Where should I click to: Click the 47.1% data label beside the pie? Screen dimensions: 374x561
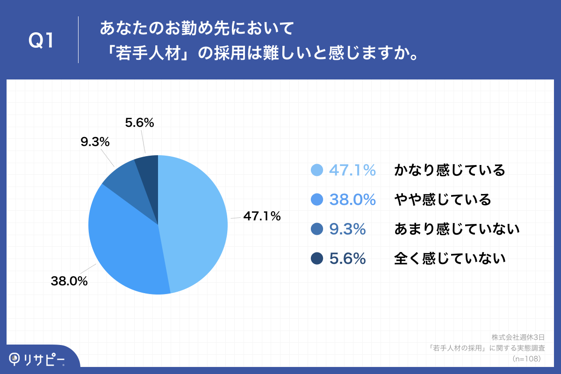261,216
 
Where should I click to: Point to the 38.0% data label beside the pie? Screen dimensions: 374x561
69,281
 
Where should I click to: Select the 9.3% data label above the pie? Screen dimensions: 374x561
95,142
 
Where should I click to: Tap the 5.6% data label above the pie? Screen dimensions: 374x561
140,123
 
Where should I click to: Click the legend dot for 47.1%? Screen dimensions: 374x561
317,171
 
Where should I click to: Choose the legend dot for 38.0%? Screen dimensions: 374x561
317,200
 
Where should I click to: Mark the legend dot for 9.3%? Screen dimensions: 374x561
317,229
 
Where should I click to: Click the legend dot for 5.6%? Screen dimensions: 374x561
317,259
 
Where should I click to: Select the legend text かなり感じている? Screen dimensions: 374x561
450,171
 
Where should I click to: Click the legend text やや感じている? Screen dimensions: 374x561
443,200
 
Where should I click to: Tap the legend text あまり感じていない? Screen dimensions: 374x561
457,229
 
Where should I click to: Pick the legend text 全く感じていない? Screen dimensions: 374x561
450,259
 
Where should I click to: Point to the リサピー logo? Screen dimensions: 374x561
37,359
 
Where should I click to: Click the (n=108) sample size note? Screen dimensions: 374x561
526,359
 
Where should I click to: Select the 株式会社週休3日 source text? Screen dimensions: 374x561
518,337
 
